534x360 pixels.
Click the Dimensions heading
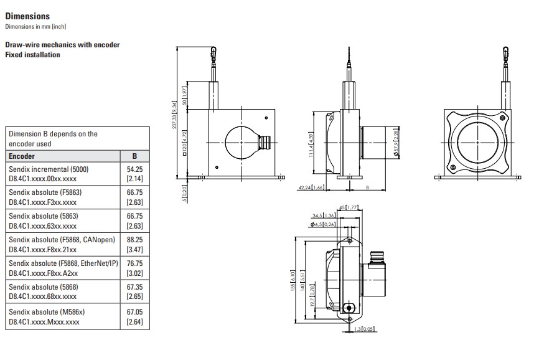click(27, 16)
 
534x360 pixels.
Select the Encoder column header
click(22, 156)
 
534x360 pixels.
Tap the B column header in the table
click(135, 156)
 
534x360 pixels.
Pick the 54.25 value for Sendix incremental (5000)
click(135, 169)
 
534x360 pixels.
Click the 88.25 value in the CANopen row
click(135, 240)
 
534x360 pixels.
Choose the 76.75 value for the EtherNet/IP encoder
click(135, 263)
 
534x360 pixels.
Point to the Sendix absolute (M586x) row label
click(47, 312)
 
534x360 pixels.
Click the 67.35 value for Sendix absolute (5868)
click(135, 287)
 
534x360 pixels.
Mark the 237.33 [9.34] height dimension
click(174, 115)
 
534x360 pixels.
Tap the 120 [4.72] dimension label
click(184, 143)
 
